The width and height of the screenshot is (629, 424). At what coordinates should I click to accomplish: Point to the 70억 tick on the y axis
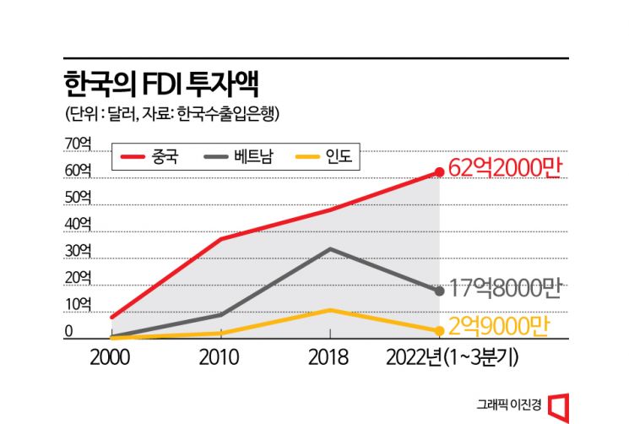(x=77, y=144)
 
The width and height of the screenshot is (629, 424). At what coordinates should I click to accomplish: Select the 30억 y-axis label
(x=77, y=251)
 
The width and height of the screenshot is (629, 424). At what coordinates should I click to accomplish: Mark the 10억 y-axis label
(x=77, y=304)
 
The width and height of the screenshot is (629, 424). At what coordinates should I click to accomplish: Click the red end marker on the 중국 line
(x=439, y=172)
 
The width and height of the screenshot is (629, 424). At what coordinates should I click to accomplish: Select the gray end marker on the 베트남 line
(x=439, y=291)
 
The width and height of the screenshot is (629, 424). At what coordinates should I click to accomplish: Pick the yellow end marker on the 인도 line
(x=439, y=330)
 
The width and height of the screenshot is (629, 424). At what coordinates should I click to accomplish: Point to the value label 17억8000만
(x=505, y=289)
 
